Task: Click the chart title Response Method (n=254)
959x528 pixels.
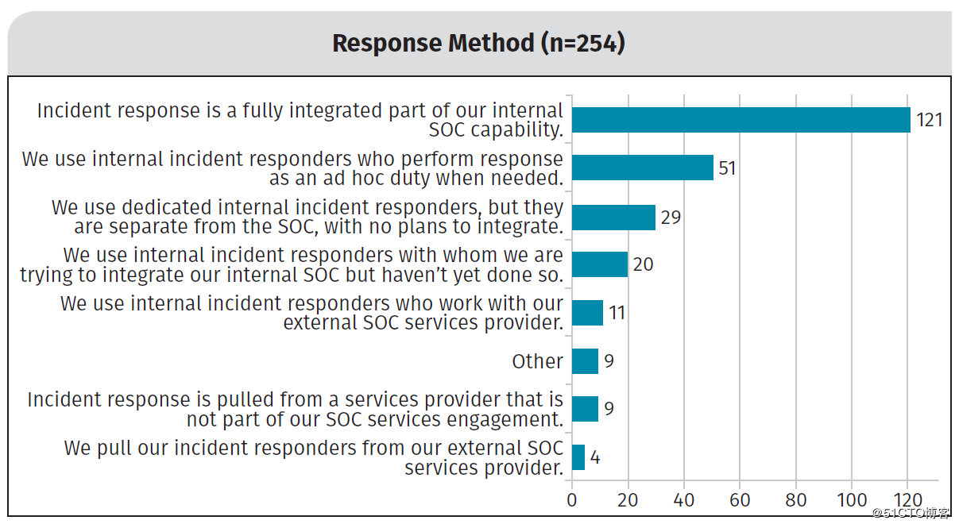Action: click(x=478, y=43)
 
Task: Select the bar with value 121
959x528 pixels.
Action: click(x=741, y=120)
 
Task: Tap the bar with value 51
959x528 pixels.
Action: click(x=642, y=168)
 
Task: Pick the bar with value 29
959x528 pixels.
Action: click(x=613, y=217)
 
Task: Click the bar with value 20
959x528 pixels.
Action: click(x=600, y=264)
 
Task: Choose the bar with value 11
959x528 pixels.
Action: click(x=587, y=313)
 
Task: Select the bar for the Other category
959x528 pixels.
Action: click(x=585, y=361)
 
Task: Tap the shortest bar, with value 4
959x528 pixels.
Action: click(x=578, y=457)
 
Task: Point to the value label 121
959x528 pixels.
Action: click(x=929, y=121)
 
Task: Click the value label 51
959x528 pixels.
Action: click(x=727, y=168)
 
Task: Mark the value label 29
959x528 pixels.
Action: click(x=671, y=217)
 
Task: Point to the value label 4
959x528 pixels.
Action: click(x=595, y=458)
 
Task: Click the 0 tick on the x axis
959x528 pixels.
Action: click(x=572, y=500)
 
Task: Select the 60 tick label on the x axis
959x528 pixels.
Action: click(x=740, y=500)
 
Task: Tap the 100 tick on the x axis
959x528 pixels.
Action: click(x=852, y=500)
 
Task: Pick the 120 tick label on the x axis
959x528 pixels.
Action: click(x=907, y=500)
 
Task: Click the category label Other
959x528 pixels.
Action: click(x=537, y=361)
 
